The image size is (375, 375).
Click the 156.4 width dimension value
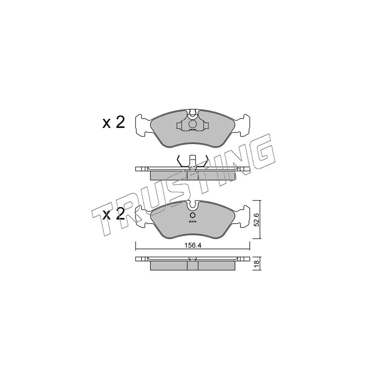click(x=193, y=246)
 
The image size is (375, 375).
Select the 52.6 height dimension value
click(x=256, y=220)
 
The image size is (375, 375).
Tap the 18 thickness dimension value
click(x=257, y=264)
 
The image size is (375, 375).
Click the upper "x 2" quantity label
click(x=113, y=123)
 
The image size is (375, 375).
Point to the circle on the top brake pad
click(x=192, y=124)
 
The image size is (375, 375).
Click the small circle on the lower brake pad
click(x=193, y=215)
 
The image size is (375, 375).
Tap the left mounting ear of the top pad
click(x=143, y=126)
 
